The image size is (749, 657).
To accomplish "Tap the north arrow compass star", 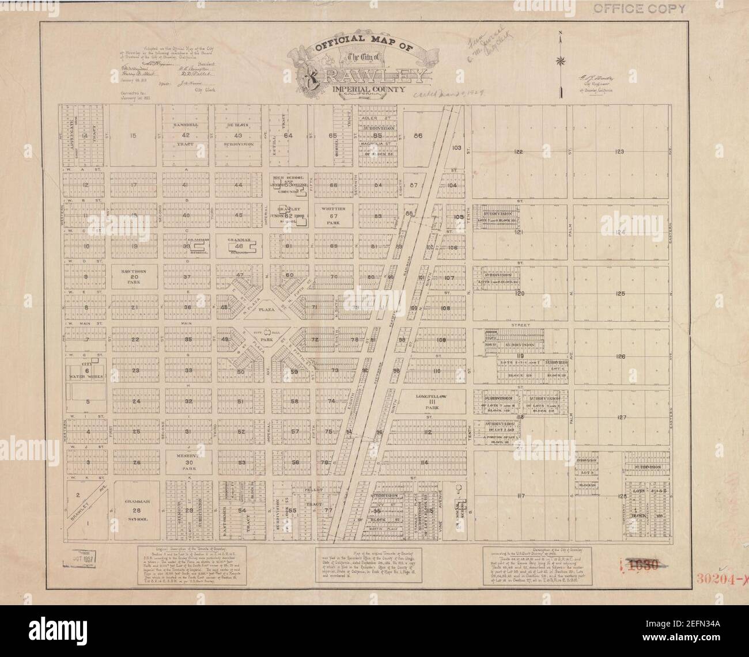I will pyautogui.click(x=560, y=61).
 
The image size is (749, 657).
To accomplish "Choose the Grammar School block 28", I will pyautogui.click(x=133, y=510).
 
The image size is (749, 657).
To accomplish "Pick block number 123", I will pyautogui.click(x=619, y=151).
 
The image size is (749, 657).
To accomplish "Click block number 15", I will pyautogui.click(x=133, y=136).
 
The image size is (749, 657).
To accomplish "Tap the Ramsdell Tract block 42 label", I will pyautogui.click(x=186, y=135).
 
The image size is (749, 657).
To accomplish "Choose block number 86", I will pyautogui.click(x=418, y=136).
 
